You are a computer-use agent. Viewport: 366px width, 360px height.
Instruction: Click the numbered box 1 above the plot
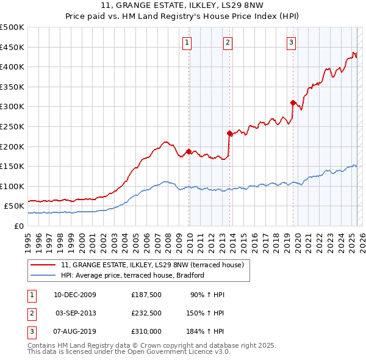(187, 42)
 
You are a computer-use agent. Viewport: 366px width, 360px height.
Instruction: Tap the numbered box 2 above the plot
(228, 42)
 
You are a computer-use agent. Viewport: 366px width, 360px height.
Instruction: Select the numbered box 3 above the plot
(292, 42)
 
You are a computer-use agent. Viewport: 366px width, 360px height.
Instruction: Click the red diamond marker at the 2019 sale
(293, 103)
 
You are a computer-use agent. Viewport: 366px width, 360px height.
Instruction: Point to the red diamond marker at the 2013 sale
(229, 133)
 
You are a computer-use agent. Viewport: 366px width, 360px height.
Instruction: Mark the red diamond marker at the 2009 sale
(188, 151)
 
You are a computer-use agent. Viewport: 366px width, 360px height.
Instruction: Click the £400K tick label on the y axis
(12, 67)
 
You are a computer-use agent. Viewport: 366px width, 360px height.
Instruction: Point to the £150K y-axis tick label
(12, 166)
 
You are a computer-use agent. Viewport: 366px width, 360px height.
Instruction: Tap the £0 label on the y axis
(19, 226)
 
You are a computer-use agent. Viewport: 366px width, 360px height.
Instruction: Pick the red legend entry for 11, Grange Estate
(152, 265)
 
